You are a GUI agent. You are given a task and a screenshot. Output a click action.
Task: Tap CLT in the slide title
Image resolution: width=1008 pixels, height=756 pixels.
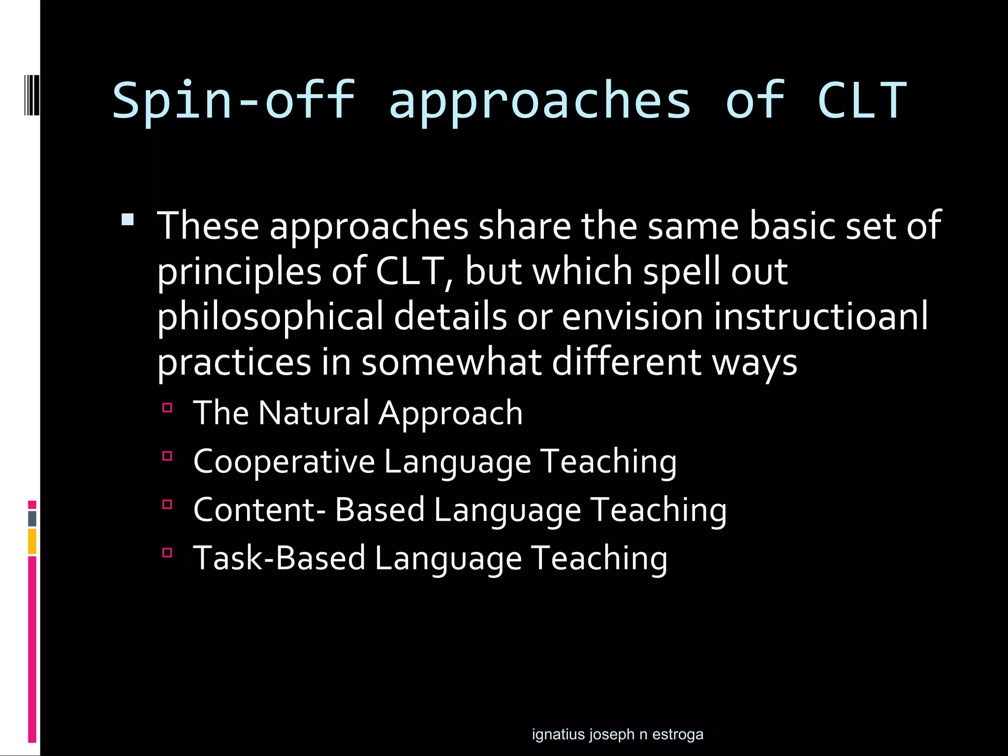[x=862, y=101]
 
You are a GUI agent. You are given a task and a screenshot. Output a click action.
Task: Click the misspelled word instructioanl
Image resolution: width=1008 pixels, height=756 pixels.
[x=820, y=316]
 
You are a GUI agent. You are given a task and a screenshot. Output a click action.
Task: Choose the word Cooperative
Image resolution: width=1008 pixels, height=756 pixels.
[x=284, y=462]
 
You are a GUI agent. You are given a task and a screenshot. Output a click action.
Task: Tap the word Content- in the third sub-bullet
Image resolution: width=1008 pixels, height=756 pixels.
[x=259, y=509]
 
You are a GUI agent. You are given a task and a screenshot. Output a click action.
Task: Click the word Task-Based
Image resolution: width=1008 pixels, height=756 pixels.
[x=279, y=558]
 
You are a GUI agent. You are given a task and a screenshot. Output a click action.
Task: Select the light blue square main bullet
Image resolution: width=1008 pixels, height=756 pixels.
[x=127, y=219]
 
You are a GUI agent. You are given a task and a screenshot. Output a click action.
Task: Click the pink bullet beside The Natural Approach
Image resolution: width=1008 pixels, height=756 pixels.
[x=167, y=408]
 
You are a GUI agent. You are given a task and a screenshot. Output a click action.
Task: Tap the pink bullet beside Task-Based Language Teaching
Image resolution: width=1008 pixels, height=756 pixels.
[x=167, y=552]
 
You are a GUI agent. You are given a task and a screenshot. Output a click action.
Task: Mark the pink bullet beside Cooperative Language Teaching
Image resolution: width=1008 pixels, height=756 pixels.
[x=167, y=456]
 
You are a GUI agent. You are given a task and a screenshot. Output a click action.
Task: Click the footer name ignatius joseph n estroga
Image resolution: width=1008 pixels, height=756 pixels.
[x=617, y=734]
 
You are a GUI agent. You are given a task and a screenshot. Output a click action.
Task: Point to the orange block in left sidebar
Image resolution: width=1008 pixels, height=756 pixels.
[x=32, y=541]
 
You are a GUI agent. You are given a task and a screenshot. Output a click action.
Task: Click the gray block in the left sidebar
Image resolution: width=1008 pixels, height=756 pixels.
[x=32, y=518]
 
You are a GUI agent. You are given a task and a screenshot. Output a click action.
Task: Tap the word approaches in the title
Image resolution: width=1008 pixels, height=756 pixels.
[x=540, y=101]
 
